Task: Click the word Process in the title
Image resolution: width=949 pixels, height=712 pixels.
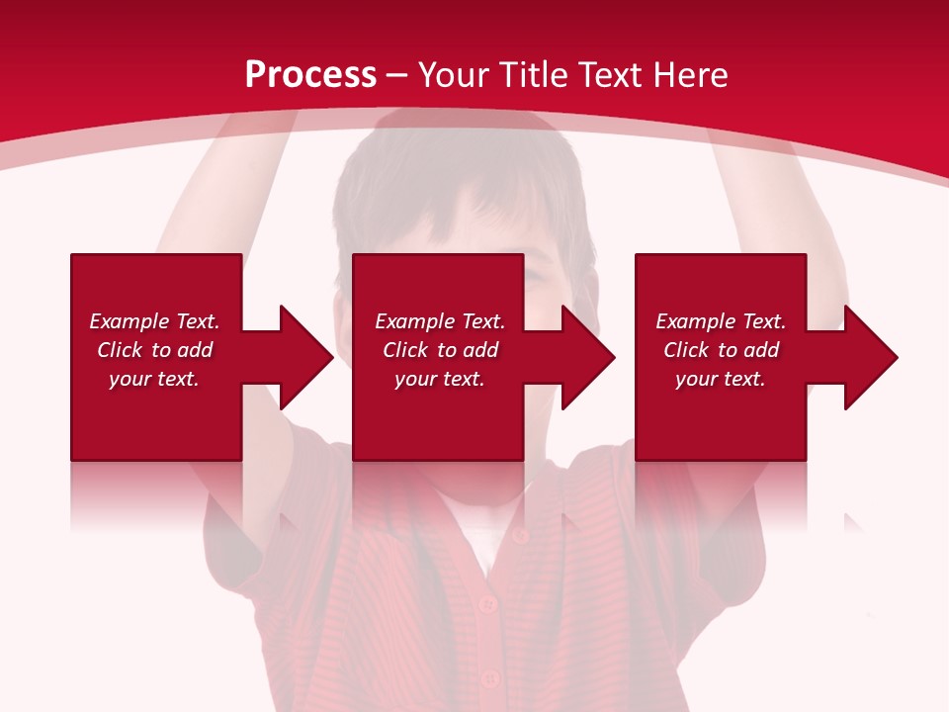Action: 310,75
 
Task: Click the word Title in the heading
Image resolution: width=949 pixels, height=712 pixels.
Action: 533,75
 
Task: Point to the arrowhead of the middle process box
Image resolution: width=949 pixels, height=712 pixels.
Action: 586,357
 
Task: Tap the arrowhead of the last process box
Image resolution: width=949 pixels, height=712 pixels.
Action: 869,357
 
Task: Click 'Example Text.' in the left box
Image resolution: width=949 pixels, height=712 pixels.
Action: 154,321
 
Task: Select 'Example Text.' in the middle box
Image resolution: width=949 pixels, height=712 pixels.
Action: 440,321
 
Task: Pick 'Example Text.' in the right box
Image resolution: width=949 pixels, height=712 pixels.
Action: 721,321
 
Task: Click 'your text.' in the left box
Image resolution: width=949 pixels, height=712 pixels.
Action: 154,379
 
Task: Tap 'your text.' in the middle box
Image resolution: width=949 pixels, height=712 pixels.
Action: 440,379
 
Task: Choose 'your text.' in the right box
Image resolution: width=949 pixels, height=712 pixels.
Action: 721,379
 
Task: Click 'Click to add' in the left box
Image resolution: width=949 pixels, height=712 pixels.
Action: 154,350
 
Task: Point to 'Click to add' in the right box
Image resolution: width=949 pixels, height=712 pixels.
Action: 721,350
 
